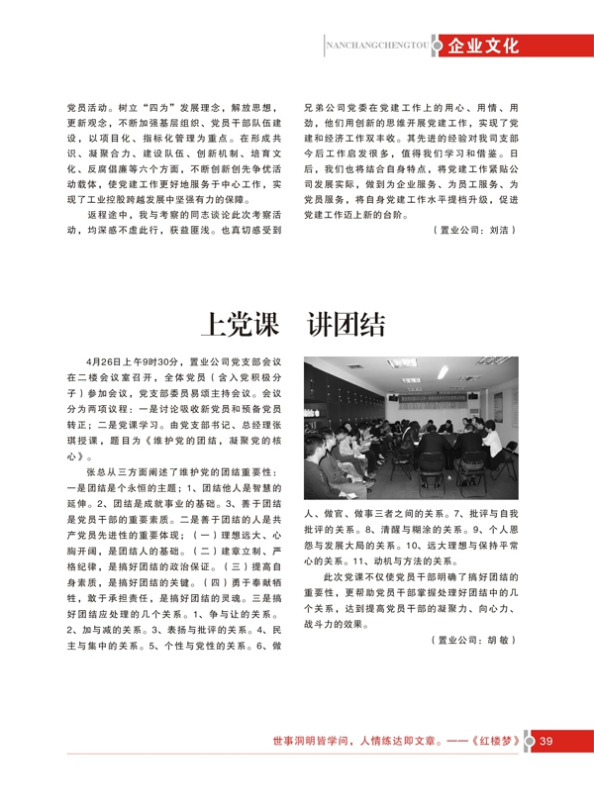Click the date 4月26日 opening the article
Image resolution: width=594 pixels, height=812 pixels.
click(x=105, y=362)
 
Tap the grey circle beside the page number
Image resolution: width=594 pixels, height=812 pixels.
click(x=527, y=742)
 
